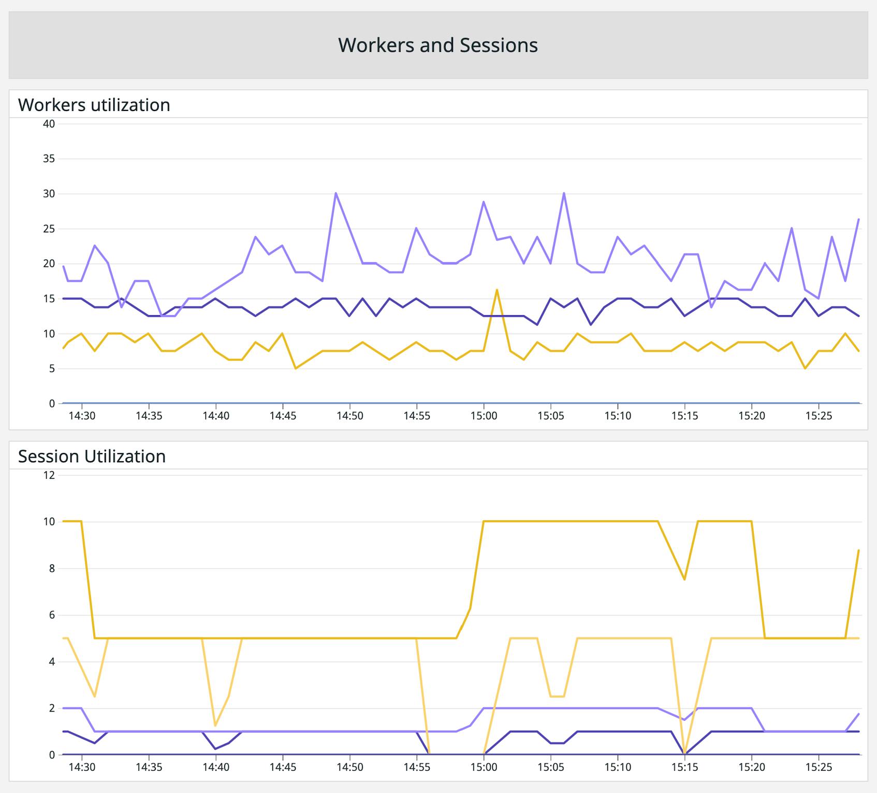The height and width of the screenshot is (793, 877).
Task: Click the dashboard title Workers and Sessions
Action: [438, 45]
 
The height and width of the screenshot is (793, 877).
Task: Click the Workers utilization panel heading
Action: [94, 105]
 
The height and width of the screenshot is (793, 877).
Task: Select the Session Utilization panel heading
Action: [92, 456]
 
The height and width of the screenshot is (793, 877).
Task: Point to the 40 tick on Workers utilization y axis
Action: [49, 124]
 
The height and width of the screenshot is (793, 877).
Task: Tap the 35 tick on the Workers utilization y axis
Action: [49, 159]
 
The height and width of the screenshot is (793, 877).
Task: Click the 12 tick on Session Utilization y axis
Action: [49, 475]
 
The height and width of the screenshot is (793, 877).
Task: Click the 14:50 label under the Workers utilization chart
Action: [349, 416]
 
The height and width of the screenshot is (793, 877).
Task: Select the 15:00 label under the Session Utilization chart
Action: [484, 767]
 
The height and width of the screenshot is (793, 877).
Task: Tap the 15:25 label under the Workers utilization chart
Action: [818, 416]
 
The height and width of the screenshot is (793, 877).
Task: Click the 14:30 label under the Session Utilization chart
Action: [82, 767]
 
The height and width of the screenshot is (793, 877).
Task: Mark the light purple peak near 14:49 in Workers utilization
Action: [336, 193]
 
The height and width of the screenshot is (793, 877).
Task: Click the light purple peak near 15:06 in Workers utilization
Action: [564, 193]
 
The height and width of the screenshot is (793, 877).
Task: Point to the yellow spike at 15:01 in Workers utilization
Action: [497, 290]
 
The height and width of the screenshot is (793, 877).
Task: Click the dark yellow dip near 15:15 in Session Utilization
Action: [684, 579]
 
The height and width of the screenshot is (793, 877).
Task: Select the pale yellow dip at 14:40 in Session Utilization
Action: [215, 725]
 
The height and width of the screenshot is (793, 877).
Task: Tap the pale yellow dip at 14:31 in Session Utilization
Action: [95, 696]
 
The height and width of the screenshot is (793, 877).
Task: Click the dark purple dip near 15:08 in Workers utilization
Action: [591, 324]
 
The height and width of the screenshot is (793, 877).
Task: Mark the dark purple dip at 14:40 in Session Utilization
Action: [215, 748]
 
